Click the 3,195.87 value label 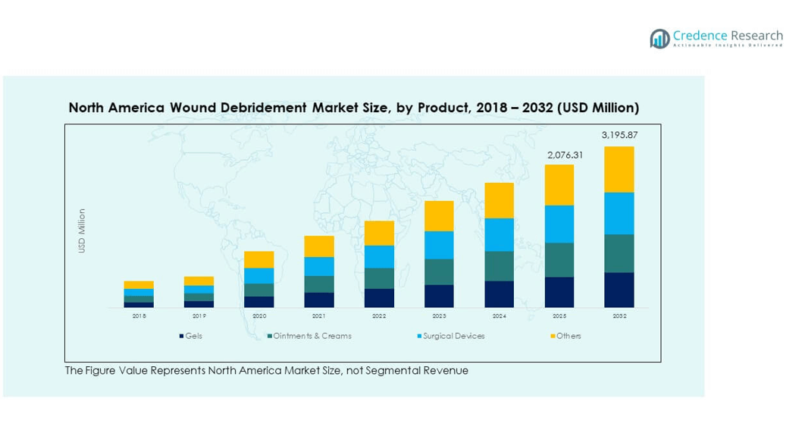coord(619,135)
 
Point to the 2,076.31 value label coord(559,155)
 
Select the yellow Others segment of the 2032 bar coord(619,169)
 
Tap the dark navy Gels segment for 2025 coord(559,292)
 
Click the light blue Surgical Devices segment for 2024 coord(500,234)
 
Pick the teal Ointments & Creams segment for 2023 coord(439,271)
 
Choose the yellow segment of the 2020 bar coord(259,259)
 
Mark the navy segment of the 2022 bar coord(379,298)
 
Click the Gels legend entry coord(191,336)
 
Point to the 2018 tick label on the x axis coord(139,315)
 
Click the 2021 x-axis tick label coord(319,315)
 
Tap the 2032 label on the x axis coord(619,315)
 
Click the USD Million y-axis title coord(82,231)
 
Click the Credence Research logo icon coord(659,39)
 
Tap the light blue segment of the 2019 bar coord(199,290)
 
